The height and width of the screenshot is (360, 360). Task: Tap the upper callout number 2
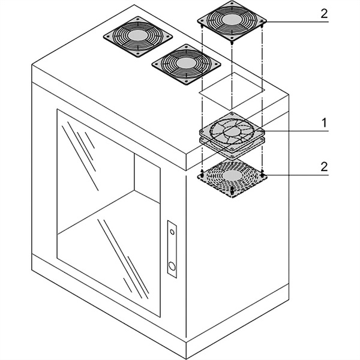coord(324,13)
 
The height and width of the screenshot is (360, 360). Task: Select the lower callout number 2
coord(324,166)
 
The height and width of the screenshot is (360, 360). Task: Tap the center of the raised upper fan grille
coord(232,21)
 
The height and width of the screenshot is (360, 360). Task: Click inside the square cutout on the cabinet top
coord(232,90)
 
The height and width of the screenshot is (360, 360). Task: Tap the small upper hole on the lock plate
coord(172,230)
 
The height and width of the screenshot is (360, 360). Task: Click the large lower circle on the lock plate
coord(172,266)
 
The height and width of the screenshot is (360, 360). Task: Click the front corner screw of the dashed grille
coord(232,194)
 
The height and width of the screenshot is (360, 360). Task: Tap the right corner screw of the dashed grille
coord(263,175)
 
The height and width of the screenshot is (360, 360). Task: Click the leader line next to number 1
coord(294,130)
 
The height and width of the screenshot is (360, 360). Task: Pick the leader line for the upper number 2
coord(294,22)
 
